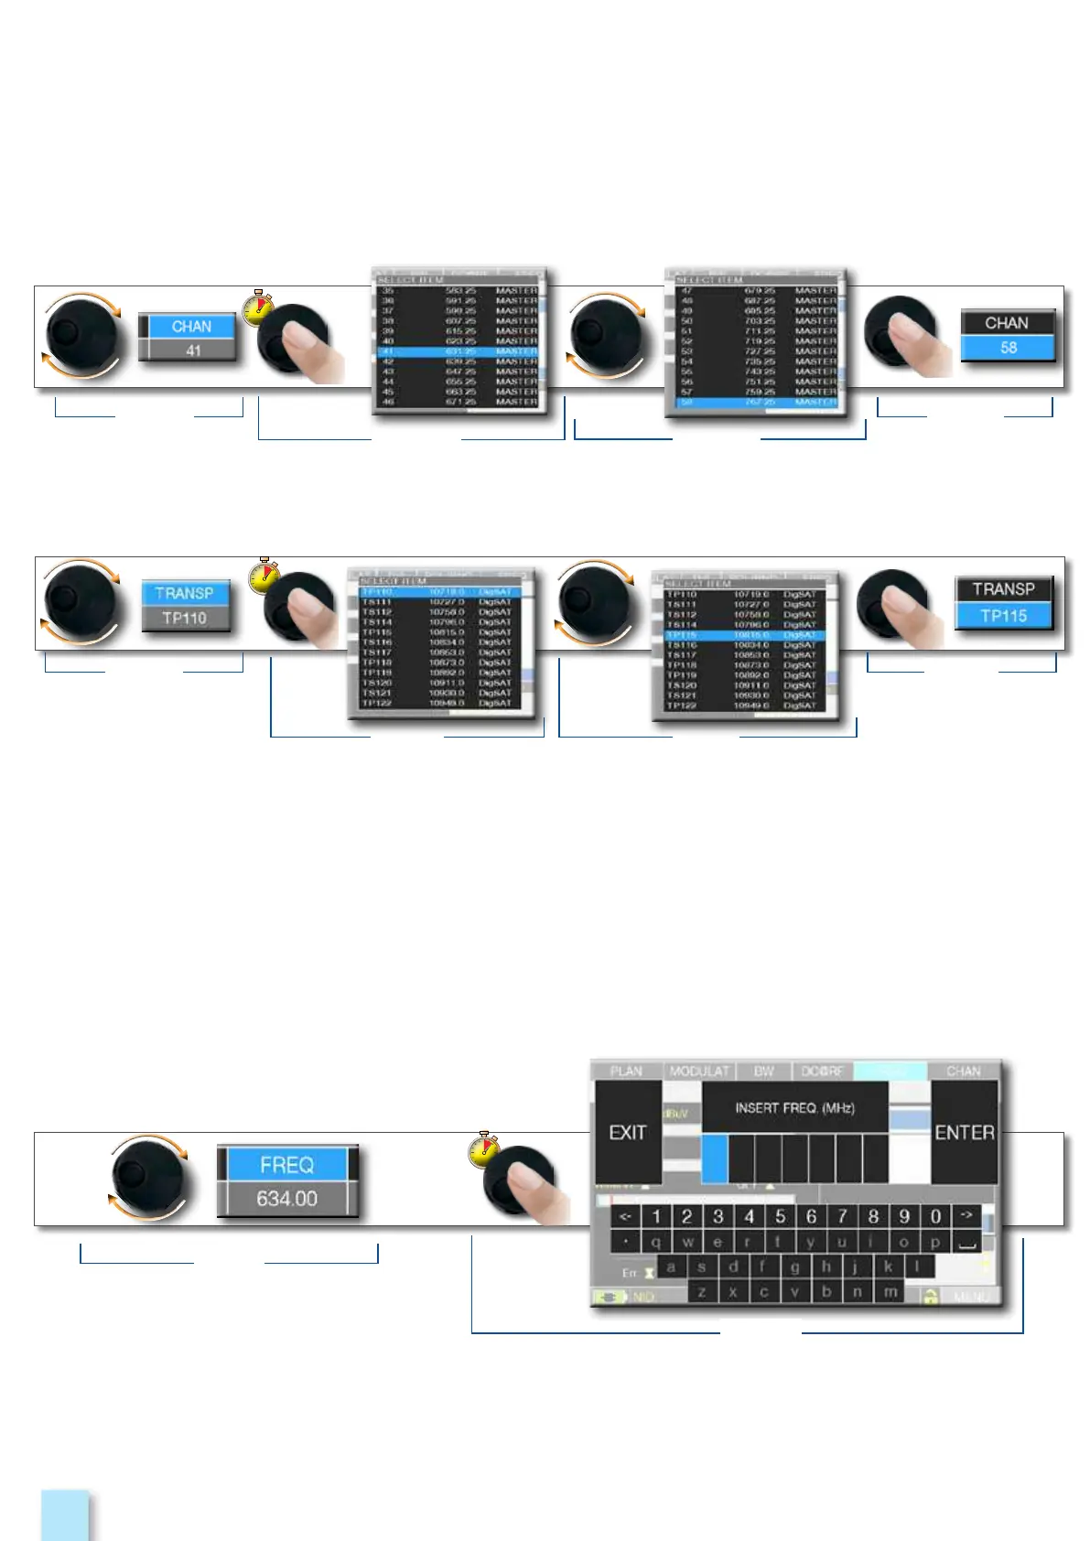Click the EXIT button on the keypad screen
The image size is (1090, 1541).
click(x=628, y=1132)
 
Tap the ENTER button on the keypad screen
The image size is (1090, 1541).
click(x=964, y=1132)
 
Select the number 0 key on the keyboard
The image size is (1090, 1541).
click(x=935, y=1216)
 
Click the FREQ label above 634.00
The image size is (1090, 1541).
click(x=286, y=1164)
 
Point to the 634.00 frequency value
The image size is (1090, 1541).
click(x=286, y=1198)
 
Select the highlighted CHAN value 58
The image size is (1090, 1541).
click(x=1008, y=348)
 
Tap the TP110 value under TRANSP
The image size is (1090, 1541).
click(x=185, y=618)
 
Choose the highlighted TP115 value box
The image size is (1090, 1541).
click(x=1004, y=615)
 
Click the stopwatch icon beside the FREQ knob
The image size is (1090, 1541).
click(x=482, y=1149)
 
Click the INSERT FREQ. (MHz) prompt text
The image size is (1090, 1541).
click(x=794, y=1107)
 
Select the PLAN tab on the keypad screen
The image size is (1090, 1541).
click(x=626, y=1071)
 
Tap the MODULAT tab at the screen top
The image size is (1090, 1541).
click(x=699, y=1071)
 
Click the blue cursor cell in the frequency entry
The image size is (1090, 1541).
click(x=715, y=1158)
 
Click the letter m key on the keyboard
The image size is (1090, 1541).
click(x=890, y=1291)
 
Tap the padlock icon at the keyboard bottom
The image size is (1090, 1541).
click(x=930, y=1297)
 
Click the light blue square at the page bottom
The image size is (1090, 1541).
click(x=66, y=1514)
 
